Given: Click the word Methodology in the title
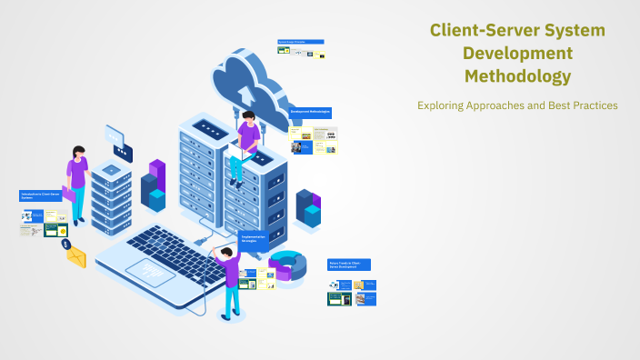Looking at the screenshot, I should pos(517,75).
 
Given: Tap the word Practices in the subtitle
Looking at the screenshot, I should pos(593,105).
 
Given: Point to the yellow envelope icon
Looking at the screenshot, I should pos(76,257).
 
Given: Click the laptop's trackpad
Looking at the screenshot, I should pos(150,270).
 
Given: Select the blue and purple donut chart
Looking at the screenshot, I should pos(286,265).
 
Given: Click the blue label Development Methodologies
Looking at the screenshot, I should pos(310,112).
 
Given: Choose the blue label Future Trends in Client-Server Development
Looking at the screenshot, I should pos(349,265).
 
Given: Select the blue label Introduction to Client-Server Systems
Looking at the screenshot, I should pos(40,195).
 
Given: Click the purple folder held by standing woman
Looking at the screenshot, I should pos(68,194).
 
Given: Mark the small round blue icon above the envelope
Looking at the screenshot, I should pos(65,244).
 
